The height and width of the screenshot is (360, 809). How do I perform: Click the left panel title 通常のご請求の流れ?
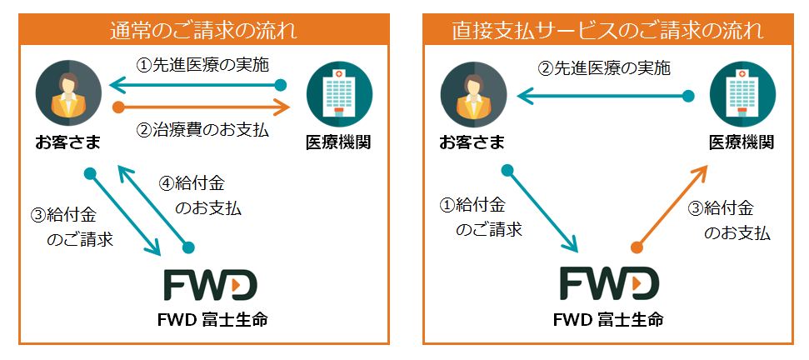point(204,32)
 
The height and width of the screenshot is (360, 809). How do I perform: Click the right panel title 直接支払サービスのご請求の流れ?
point(607,32)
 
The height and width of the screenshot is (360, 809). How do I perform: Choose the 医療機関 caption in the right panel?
point(741,142)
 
